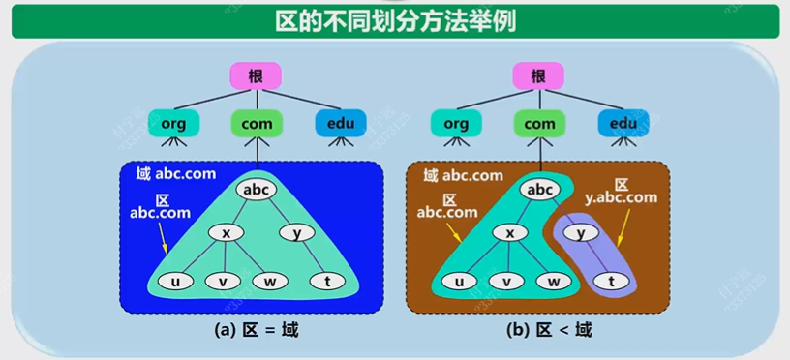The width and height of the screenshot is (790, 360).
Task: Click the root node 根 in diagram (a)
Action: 256,76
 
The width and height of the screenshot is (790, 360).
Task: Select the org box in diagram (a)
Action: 173,123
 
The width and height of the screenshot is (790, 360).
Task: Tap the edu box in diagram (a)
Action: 341,123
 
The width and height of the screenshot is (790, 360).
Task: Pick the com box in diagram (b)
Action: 539,123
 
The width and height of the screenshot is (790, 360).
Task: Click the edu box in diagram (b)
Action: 623,123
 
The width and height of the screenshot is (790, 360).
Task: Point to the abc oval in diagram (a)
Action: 257,190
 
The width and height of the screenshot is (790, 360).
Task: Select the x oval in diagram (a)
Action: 227,233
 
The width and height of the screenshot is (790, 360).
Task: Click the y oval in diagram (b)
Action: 581,233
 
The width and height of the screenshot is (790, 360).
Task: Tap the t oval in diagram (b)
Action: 610,282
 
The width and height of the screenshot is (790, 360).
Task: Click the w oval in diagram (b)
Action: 554,282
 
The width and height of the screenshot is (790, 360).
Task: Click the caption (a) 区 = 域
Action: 257,330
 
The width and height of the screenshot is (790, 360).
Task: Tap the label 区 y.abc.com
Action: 621,191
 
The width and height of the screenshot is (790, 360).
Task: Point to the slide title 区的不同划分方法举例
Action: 395,19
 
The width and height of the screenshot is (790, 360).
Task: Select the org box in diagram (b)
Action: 456,123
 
